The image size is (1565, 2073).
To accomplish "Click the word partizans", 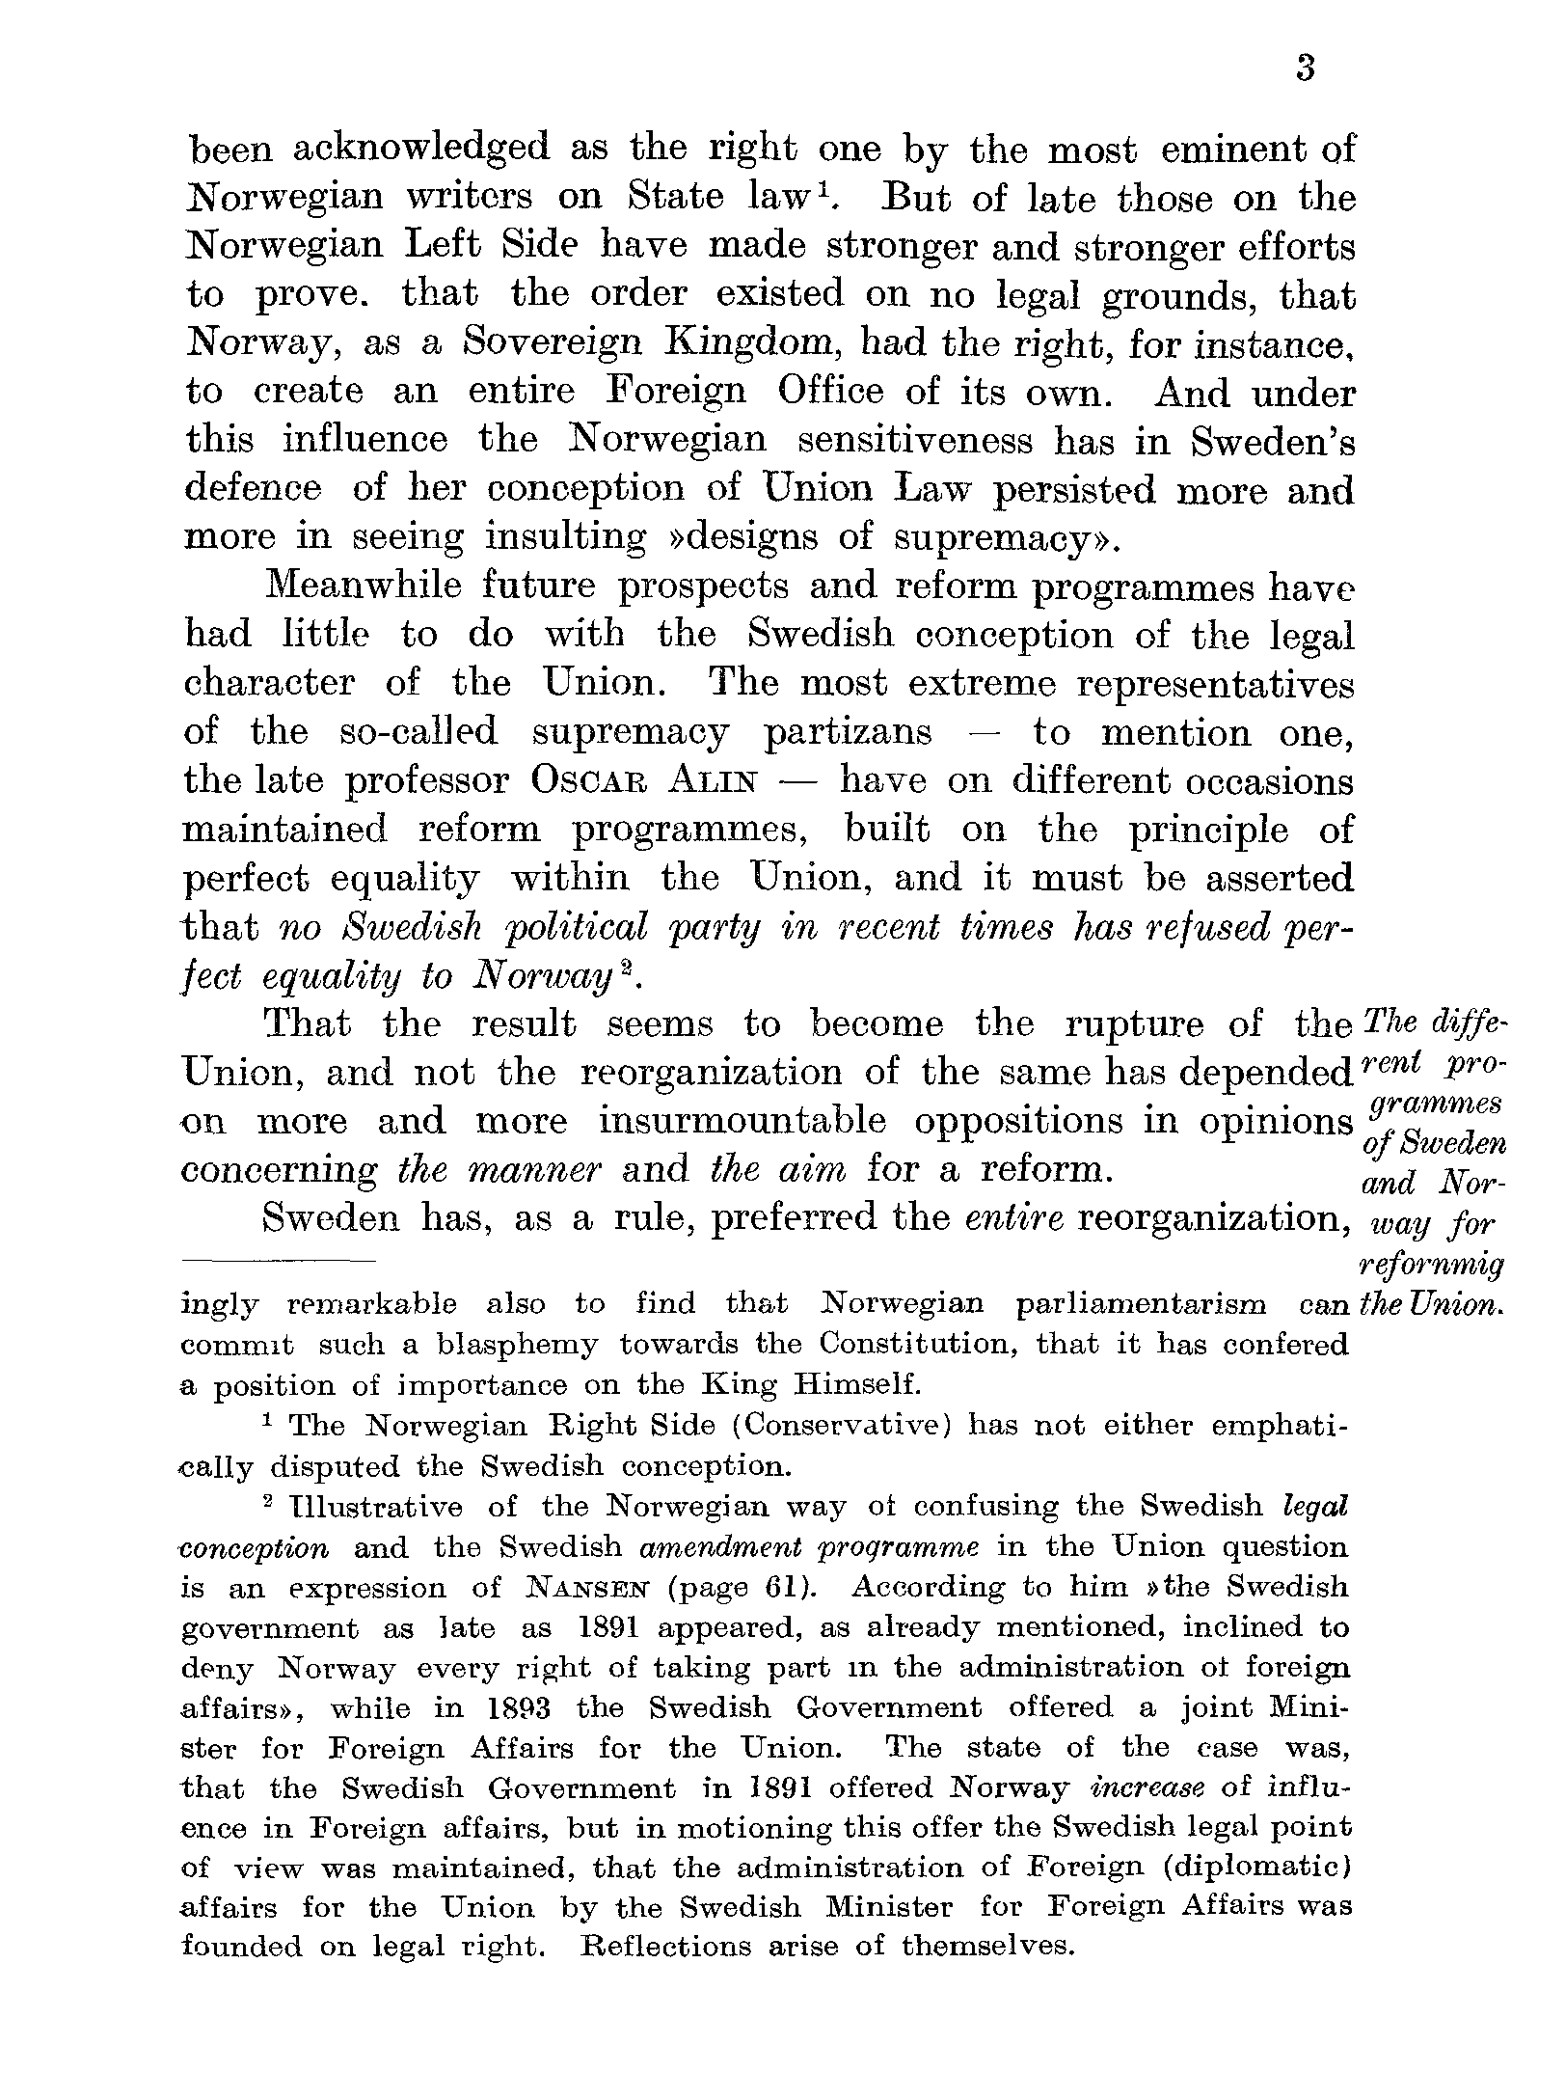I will coord(848,733).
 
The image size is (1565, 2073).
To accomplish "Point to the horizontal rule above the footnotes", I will coord(278,1261).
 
